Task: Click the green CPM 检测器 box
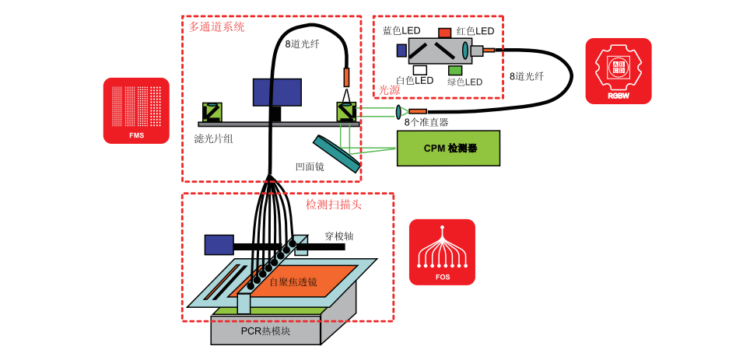click(448, 149)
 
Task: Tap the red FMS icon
click(136, 110)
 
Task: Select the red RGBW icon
click(619, 72)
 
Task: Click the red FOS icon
click(442, 252)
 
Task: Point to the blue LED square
click(401, 49)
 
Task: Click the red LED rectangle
click(445, 33)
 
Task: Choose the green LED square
click(455, 70)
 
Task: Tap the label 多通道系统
click(216, 26)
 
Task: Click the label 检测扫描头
click(334, 205)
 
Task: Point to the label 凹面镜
click(310, 167)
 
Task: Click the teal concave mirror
click(337, 154)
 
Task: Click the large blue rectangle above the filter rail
click(277, 93)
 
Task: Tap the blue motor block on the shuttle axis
click(219, 245)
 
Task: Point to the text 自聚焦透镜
click(293, 282)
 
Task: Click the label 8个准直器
click(426, 122)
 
